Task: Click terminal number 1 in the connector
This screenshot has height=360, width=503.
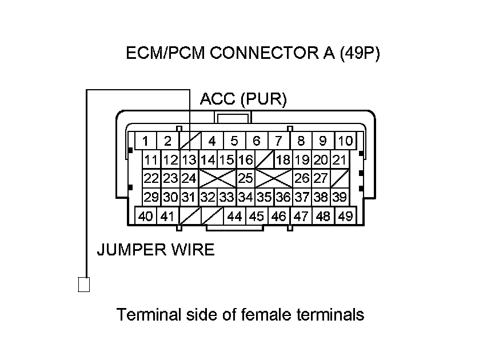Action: [x=146, y=141]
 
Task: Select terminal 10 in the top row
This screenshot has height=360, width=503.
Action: [x=345, y=141]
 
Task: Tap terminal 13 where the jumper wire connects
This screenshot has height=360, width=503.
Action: [x=189, y=160]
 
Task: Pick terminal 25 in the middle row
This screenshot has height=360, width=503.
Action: [x=245, y=178]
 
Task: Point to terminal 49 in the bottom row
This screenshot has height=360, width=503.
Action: [x=345, y=217]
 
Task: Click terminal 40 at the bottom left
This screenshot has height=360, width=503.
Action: [x=146, y=217]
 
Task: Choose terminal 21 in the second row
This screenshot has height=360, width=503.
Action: [x=340, y=160]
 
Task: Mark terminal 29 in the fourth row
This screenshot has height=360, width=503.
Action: [x=151, y=197]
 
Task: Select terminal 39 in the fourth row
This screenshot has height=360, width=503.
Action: [x=340, y=197]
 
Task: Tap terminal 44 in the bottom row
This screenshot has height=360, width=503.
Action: [x=234, y=217]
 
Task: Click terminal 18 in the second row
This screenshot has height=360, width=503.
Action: [x=283, y=160]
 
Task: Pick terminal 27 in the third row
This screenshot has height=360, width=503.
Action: [x=321, y=178]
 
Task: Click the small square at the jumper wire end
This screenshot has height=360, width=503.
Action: [x=84, y=284]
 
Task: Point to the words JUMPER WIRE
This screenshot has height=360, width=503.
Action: [x=155, y=250]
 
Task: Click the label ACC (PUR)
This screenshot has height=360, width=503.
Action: [x=243, y=99]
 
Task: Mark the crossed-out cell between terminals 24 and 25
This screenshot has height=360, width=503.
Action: [x=217, y=178]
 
